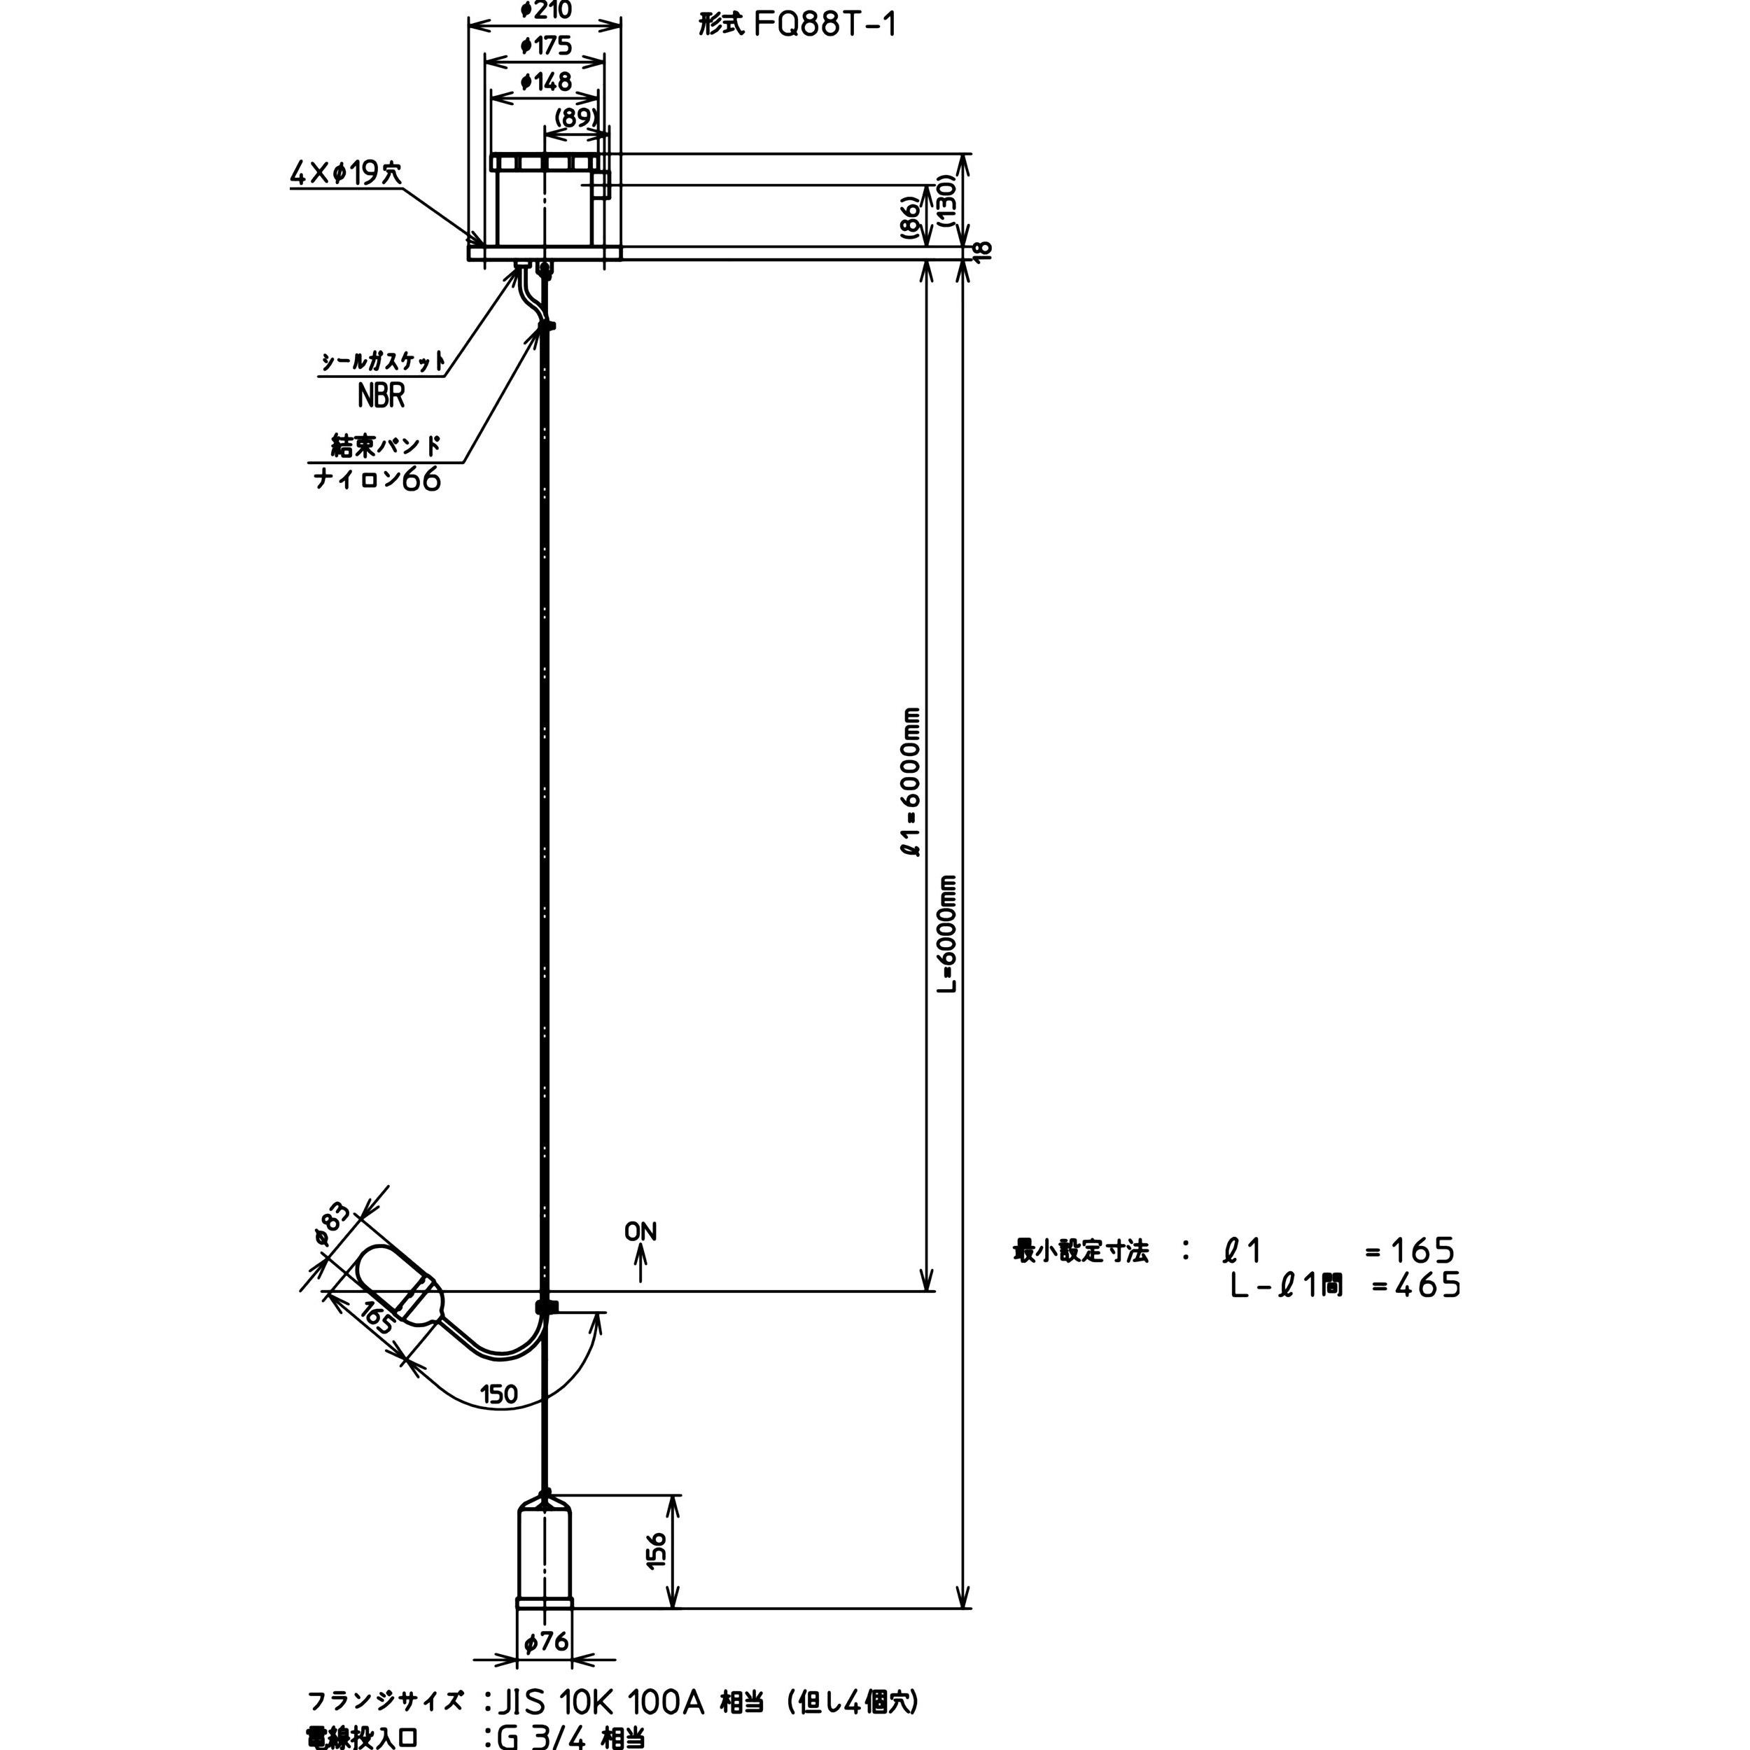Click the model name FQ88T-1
coord(825,24)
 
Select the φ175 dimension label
coord(546,45)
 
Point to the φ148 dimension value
coord(546,81)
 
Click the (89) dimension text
coord(576,118)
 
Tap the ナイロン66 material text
coord(377,479)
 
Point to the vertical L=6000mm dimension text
coord(946,934)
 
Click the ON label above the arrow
coord(640,1232)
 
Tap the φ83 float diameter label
coord(332,1227)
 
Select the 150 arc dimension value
coord(498,1394)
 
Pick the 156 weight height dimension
coord(657,1550)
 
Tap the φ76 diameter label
coord(546,1641)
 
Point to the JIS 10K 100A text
coord(601,1702)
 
